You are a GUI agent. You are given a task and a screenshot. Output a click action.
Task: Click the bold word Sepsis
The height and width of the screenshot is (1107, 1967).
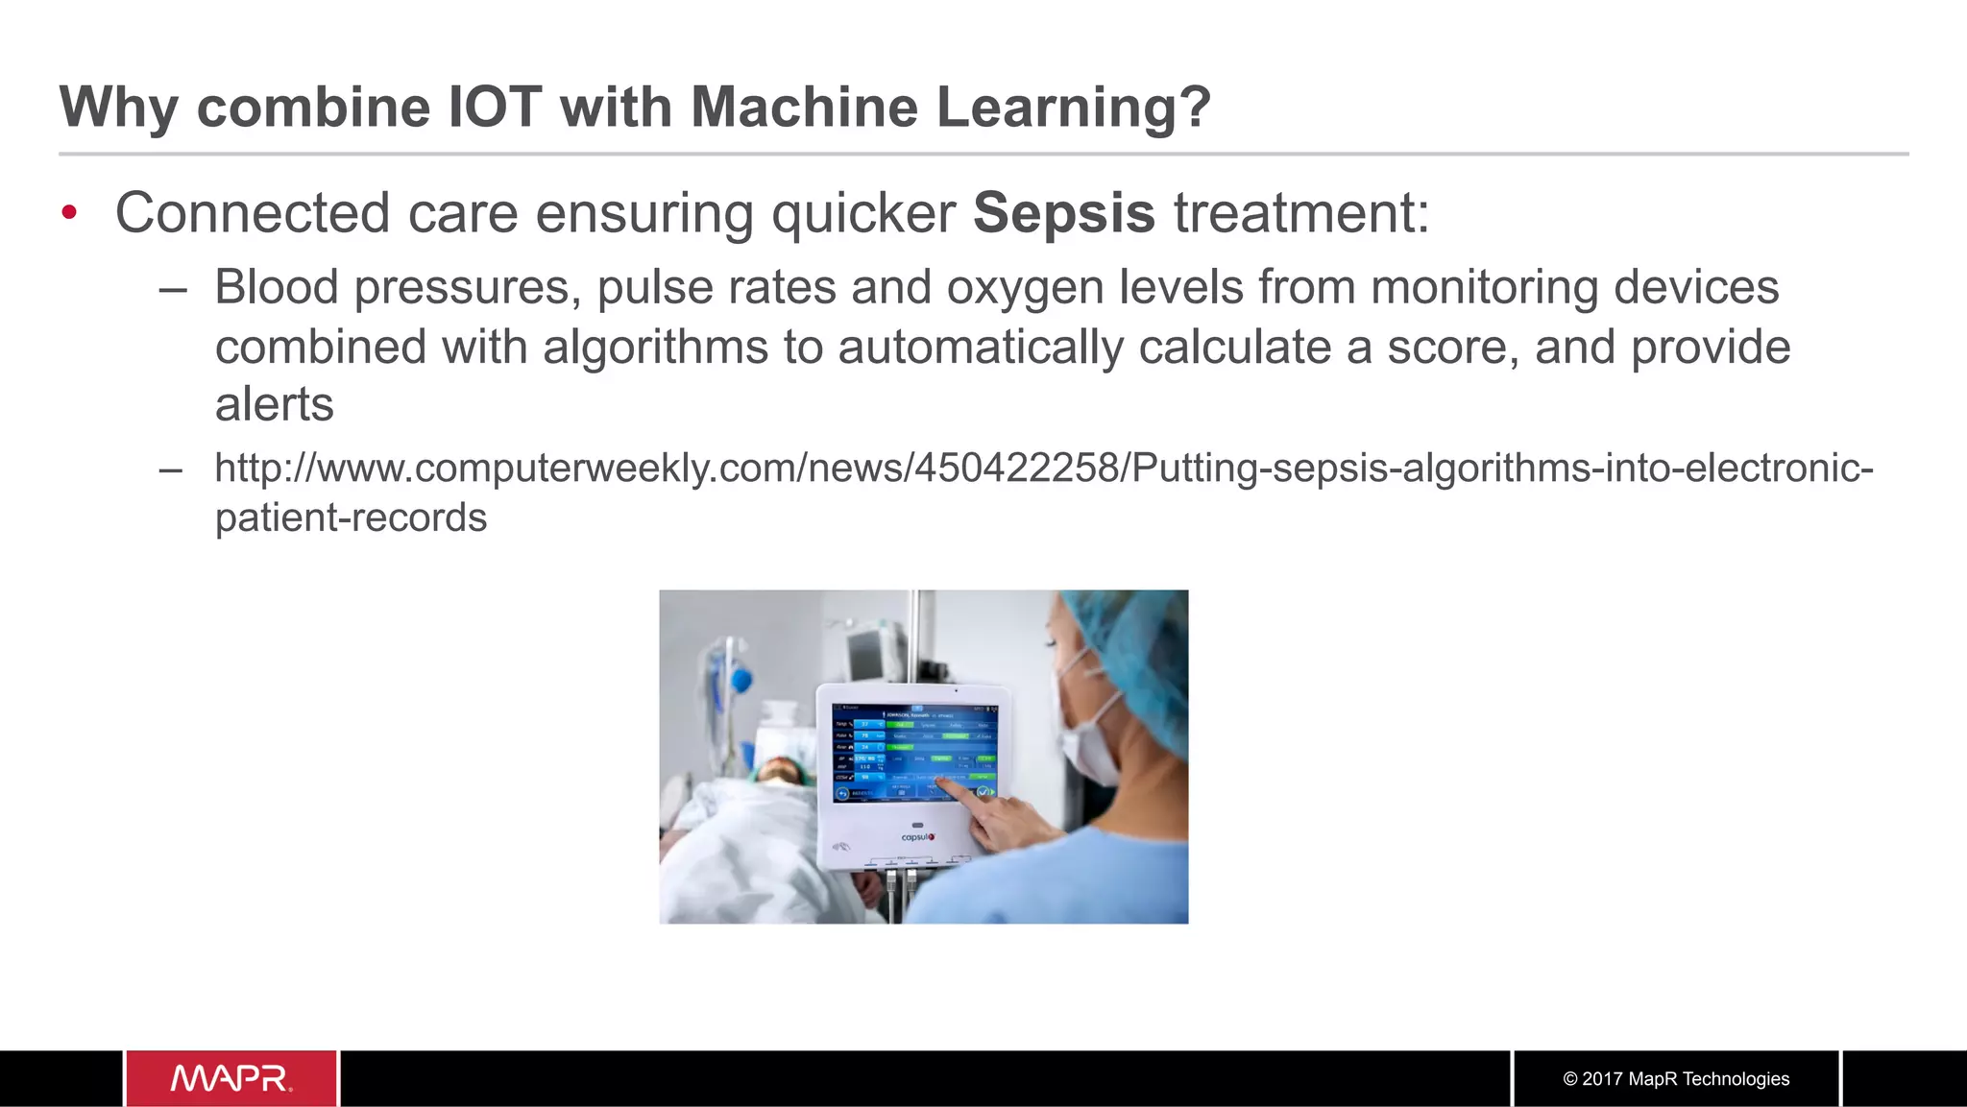tap(1063, 213)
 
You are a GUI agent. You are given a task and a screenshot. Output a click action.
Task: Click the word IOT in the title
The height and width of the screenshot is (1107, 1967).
tap(495, 107)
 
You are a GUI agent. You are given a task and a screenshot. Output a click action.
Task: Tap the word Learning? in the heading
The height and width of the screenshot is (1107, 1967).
tap(1073, 108)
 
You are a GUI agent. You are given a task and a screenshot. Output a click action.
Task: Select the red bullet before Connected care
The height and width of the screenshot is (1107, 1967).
tap(69, 212)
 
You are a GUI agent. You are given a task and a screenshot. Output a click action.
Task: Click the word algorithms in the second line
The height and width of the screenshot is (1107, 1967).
tap(655, 348)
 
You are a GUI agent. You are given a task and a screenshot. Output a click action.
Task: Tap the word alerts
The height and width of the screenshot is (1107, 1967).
tap(274, 404)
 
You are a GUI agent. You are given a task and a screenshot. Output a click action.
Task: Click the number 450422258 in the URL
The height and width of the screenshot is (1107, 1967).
tap(1017, 469)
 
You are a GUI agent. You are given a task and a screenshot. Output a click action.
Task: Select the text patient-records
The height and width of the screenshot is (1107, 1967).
tap(351, 518)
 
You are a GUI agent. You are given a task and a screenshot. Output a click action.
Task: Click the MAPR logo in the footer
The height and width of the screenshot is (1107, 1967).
tap(231, 1078)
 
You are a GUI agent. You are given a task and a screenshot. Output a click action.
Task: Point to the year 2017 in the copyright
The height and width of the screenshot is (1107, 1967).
tap(1602, 1079)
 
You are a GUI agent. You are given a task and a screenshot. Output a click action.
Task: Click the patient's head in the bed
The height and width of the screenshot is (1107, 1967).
tap(780, 770)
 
